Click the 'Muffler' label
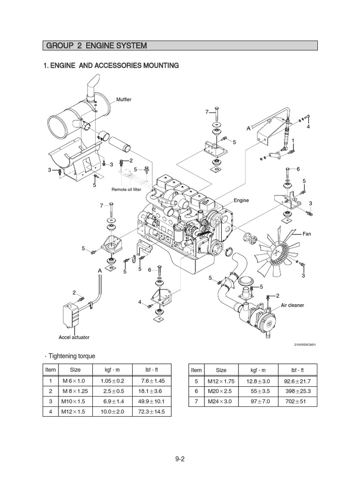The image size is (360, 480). click(x=124, y=100)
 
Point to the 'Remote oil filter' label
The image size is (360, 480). click(x=126, y=189)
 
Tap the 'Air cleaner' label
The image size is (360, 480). click(x=292, y=305)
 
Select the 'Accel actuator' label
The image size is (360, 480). click(x=74, y=337)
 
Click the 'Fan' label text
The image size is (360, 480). click(x=307, y=233)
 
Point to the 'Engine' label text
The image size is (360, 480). click(x=241, y=200)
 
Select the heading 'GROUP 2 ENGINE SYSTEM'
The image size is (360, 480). click(x=96, y=45)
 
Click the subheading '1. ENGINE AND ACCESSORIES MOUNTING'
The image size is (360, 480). click(x=111, y=66)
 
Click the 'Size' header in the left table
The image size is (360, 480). click(x=75, y=370)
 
